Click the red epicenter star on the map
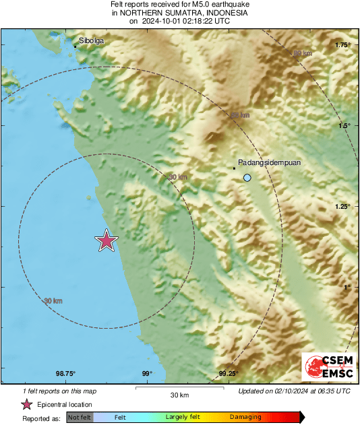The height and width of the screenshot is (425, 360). click(107, 240)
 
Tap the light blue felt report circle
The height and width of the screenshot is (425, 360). click(247, 177)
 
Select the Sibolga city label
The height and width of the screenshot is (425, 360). click(91, 41)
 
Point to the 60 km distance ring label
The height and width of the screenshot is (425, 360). click(239, 116)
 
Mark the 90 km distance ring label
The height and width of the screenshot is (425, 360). click(303, 53)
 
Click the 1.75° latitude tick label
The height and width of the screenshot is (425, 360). click(343, 45)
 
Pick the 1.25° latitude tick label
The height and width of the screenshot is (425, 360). click(343, 207)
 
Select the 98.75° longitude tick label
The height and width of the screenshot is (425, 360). click(65, 374)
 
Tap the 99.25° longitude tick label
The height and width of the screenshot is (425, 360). click(229, 374)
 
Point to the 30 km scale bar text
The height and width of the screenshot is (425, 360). click(179, 395)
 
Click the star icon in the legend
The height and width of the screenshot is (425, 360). click(26, 405)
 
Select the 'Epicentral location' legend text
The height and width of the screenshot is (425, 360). click(65, 405)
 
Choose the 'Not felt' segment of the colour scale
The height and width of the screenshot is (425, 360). click(80, 418)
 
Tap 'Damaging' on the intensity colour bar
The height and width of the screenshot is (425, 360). click(245, 418)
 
